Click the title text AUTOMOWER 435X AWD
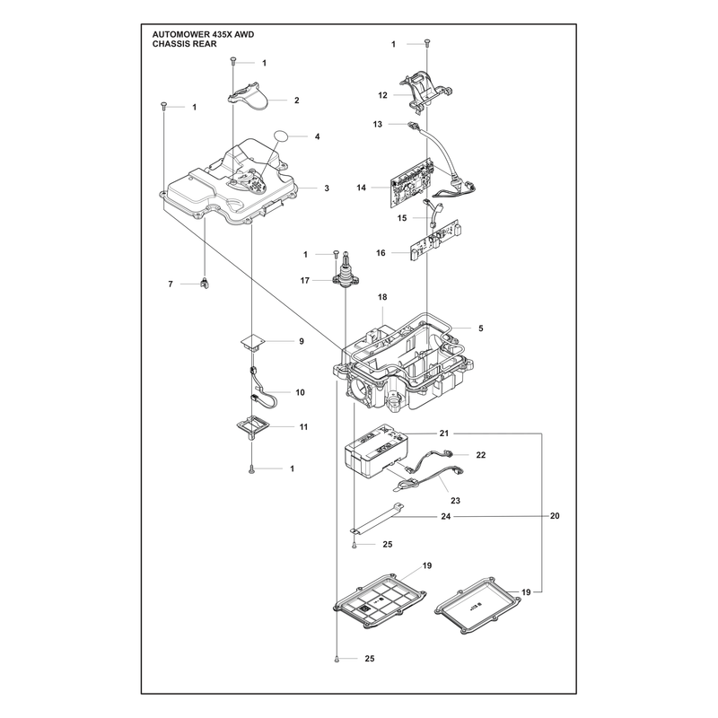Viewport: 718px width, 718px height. pos(203,35)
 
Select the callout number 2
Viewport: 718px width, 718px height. pos(297,101)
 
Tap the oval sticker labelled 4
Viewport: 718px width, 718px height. pos(282,136)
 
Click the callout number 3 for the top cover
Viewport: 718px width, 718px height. pos(327,188)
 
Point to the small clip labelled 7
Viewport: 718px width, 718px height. pos(205,284)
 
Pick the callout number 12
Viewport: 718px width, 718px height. pos(383,95)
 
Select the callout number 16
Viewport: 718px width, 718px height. pos(381,253)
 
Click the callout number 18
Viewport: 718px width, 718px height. pos(382,297)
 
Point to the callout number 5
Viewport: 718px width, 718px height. pos(481,328)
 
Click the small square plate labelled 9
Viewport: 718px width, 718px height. pos(253,342)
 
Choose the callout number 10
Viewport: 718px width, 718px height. pos(301,392)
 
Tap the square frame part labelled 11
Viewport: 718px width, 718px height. pos(252,425)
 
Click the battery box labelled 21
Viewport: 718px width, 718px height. pos(375,451)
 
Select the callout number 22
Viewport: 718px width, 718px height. pos(481,455)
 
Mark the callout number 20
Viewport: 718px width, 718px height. pos(555,516)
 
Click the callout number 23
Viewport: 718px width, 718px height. pos(456,501)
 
